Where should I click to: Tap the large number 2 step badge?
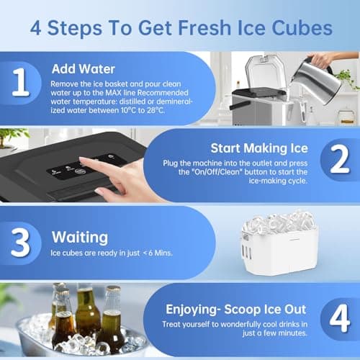coord(338,163)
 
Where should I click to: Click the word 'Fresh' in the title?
coord(195,29)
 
